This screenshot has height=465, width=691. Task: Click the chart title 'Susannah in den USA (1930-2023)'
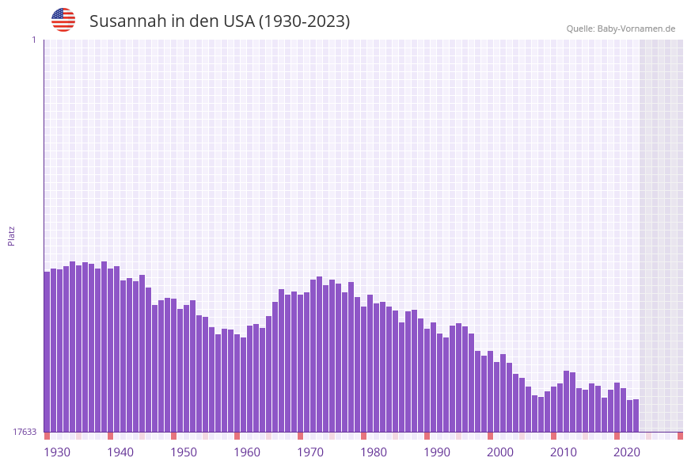click(x=219, y=21)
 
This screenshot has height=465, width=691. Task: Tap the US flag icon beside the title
click(x=63, y=20)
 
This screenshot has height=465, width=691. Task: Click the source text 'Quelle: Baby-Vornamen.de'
click(x=621, y=29)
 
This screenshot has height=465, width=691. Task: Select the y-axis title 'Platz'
click(x=11, y=235)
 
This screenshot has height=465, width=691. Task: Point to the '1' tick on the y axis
click(x=33, y=40)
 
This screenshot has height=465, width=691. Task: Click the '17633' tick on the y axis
click(x=25, y=432)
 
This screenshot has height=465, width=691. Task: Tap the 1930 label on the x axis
click(x=57, y=452)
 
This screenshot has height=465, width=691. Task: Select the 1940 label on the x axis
click(x=120, y=452)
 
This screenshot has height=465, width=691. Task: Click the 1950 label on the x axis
click(x=184, y=452)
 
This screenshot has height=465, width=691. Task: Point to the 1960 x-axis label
click(x=247, y=452)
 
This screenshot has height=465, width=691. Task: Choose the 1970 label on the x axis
click(x=310, y=452)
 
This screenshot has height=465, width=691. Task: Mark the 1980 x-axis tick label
click(x=374, y=452)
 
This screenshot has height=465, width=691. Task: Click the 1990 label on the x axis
click(x=437, y=452)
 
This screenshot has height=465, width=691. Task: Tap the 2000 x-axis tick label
click(x=500, y=452)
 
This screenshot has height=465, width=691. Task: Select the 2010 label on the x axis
click(x=564, y=452)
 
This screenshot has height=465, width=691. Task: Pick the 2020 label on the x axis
click(x=627, y=452)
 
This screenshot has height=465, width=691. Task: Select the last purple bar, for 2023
click(x=636, y=415)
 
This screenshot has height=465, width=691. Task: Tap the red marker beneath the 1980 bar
click(x=363, y=436)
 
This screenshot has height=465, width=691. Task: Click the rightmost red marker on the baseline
click(x=680, y=436)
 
